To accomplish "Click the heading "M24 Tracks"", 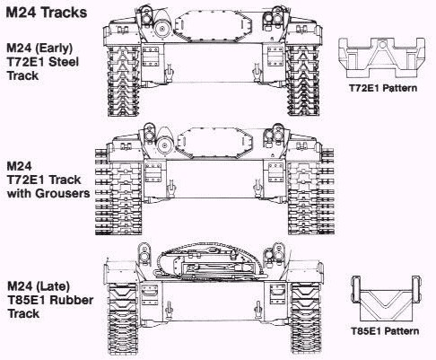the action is (47, 13).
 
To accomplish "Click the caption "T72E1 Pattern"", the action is (383, 88).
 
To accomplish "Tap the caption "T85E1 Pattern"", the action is (385, 331).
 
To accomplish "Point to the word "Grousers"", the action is (63, 193).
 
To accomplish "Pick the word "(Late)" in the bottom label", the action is (53, 286).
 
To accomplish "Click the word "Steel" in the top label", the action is (64, 62).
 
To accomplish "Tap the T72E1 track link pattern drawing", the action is (381, 57).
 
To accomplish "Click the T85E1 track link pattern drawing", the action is (386, 299).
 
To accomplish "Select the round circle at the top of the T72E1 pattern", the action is (383, 45).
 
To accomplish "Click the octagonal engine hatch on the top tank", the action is (214, 26).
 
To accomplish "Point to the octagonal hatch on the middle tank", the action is (215, 142).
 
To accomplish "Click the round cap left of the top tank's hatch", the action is (162, 29).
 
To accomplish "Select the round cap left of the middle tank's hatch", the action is (164, 145).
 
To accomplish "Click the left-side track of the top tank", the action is (124, 81).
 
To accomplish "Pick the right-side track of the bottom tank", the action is (305, 319).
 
